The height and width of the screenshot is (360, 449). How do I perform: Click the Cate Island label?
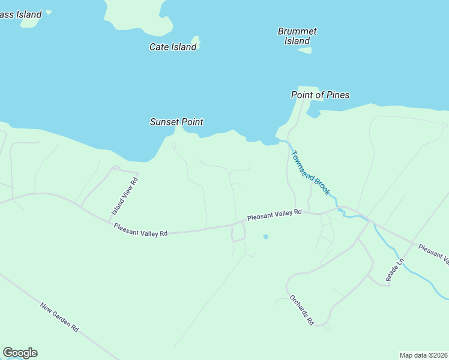click(x=173, y=47)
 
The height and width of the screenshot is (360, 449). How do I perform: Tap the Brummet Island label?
click(x=297, y=36)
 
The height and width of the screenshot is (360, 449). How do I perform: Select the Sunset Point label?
click(x=176, y=122)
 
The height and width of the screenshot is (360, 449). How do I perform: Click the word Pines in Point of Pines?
click(x=338, y=95)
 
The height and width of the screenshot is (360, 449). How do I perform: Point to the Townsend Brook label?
click(x=310, y=173)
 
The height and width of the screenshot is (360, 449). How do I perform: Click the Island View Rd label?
click(x=125, y=196)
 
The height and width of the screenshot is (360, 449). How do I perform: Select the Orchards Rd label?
click(x=301, y=310)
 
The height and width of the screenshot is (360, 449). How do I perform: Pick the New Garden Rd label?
click(x=59, y=317)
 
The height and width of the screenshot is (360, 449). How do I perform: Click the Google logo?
click(x=20, y=353)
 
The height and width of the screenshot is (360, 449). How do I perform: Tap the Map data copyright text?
click(x=424, y=355)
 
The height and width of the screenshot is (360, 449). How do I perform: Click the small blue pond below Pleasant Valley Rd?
click(x=265, y=237)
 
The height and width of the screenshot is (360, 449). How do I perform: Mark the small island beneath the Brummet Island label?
click(x=305, y=50)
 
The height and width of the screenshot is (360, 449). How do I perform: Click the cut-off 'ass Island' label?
click(x=21, y=14)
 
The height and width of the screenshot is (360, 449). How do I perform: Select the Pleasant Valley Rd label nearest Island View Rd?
click(x=140, y=230)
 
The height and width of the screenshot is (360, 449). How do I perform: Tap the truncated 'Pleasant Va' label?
click(x=434, y=254)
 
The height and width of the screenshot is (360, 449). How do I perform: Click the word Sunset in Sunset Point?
click(x=164, y=122)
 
